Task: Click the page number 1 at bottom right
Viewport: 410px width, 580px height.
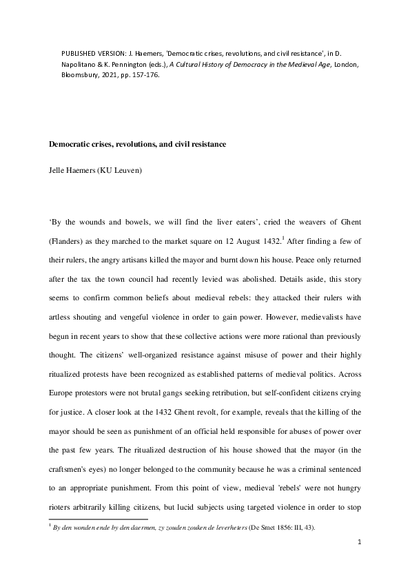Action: click(360, 563)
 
